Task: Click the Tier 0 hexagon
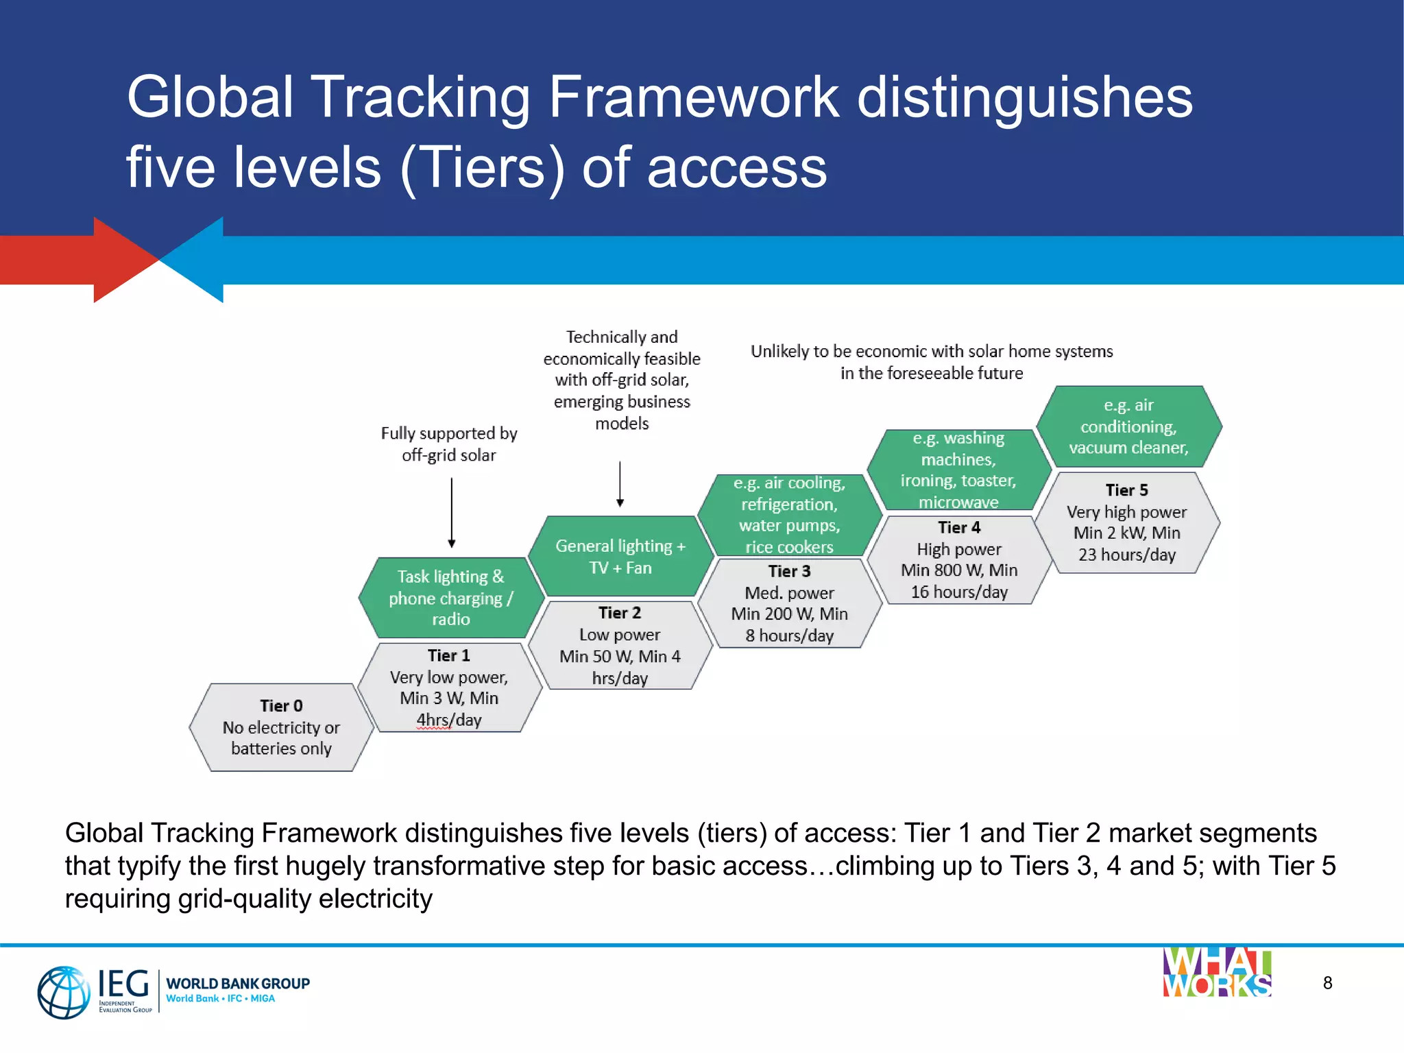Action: coord(281,727)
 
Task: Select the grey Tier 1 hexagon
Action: coord(449,688)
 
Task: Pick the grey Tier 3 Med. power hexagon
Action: coord(789,603)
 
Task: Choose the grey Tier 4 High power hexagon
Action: coord(959,560)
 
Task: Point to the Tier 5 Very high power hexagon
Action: coord(1127,522)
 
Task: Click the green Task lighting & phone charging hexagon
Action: coord(450,598)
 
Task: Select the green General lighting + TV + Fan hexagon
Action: coord(620,556)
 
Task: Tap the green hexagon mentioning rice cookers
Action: coord(789,515)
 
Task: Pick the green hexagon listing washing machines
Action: coord(958,470)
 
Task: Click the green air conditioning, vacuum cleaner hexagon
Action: coord(1128,426)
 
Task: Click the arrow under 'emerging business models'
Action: coord(620,484)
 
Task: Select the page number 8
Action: coord(1327,983)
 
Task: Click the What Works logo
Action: coord(1217,973)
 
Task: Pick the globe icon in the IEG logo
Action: coord(64,992)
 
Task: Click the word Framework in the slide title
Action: coord(693,97)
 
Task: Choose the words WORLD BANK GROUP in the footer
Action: coord(238,983)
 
